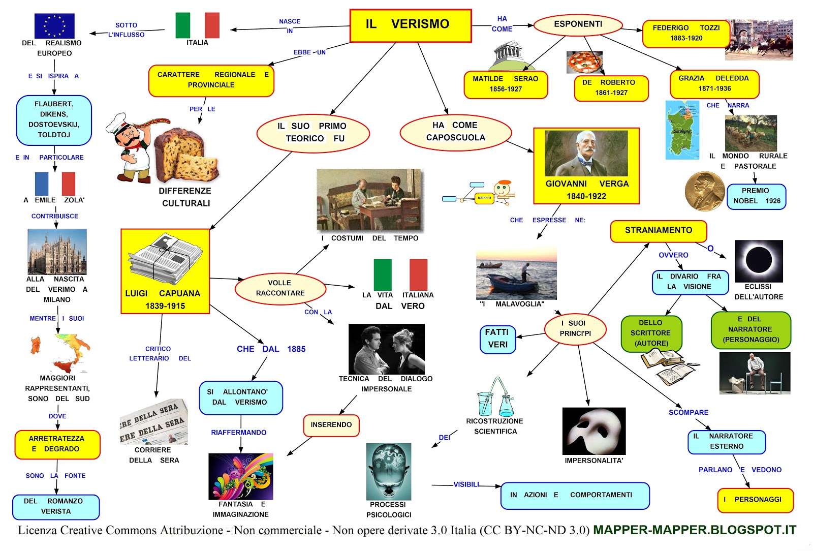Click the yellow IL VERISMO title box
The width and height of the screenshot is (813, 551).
[x=411, y=25]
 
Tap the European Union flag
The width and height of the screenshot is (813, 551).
[x=54, y=26]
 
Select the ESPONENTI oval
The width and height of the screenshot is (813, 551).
[x=578, y=24]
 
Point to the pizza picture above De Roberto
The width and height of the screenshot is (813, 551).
[x=584, y=62]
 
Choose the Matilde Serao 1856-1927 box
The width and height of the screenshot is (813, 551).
[x=506, y=84]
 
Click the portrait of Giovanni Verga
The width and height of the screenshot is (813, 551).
[x=586, y=153]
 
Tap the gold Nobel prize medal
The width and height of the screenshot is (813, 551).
[x=704, y=191]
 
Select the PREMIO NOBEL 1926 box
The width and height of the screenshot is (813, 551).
[x=756, y=196]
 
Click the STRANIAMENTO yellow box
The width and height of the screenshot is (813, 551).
[x=658, y=231]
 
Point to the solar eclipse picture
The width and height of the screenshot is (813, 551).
[x=759, y=261]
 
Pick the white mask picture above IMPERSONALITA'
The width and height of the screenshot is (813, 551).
[x=593, y=431]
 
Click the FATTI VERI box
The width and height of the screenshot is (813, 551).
[x=497, y=339]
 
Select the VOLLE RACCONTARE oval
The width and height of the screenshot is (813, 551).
[x=280, y=288]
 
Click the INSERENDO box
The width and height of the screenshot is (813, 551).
[x=331, y=425]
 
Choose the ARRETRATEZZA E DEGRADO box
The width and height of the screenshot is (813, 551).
[x=57, y=444]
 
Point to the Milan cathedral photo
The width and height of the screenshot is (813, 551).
[x=57, y=252]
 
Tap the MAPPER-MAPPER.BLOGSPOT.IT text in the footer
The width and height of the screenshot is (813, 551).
[x=694, y=530]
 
